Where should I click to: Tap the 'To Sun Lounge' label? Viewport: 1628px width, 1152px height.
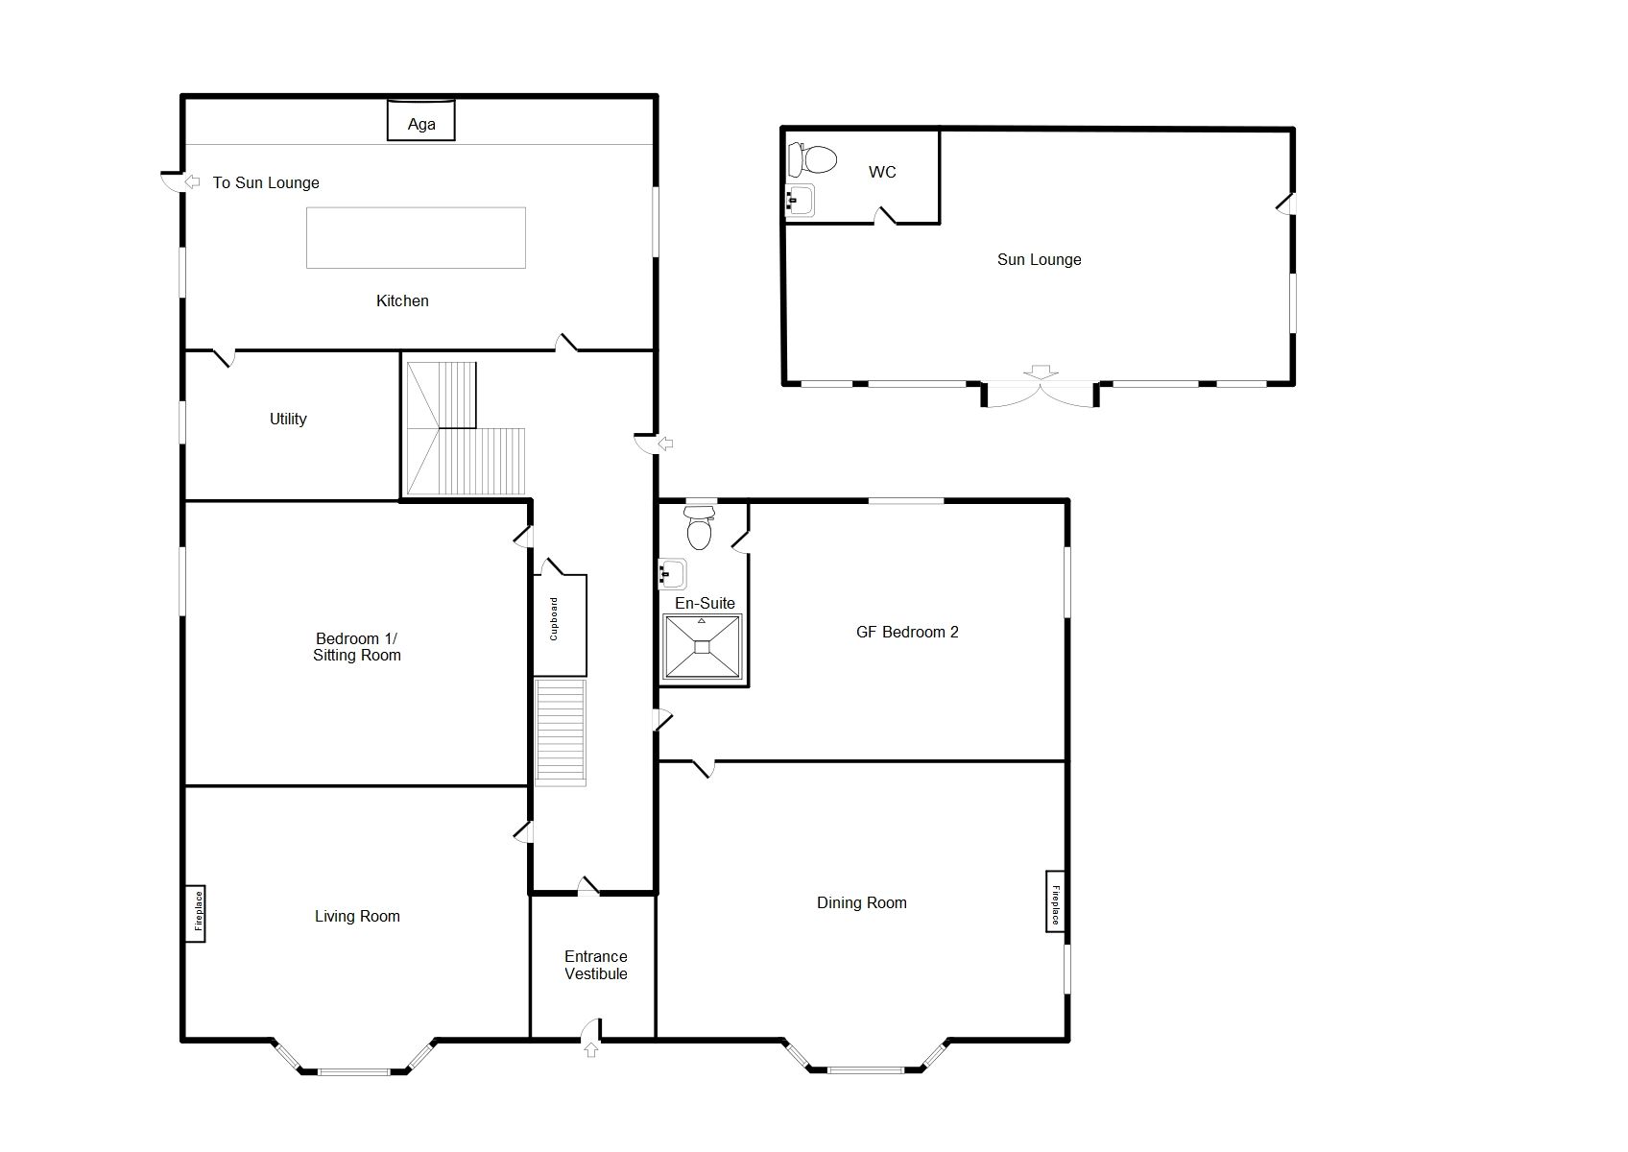pyautogui.click(x=266, y=182)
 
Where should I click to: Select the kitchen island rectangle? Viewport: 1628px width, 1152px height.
pyautogui.click(x=416, y=238)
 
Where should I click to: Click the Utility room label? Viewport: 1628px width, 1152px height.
pyautogui.click(x=288, y=419)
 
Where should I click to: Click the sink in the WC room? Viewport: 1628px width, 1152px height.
pyautogui.click(x=800, y=201)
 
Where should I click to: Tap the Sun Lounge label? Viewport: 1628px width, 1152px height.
pyautogui.click(x=1039, y=259)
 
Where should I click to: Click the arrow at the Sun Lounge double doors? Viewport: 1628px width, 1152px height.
pyautogui.click(x=1040, y=372)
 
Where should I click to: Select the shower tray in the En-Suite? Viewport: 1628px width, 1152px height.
pyautogui.click(x=703, y=647)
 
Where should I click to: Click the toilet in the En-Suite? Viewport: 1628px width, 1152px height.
pyautogui.click(x=700, y=530)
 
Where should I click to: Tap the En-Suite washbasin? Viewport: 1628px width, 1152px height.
pyautogui.click(x=673, y=574)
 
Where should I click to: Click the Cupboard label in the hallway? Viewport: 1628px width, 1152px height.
pyautogui.click(x=554, y=619)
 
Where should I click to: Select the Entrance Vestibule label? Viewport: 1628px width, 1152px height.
pyautogui.click(x=595, y=965)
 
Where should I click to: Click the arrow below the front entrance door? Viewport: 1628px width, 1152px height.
pyautogui.click(x=591, y=1050)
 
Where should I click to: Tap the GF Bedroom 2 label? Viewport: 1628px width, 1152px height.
pyautogui.click(x=907, y=632)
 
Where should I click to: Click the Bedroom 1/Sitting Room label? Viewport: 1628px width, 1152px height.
pyautogui.click(x=357, y=647)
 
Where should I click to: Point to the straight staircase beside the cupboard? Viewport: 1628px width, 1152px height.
pyautogui.click(x=560, y=732)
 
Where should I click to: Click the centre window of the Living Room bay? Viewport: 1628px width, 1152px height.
pyautogui.click(x=354, y=1071)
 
